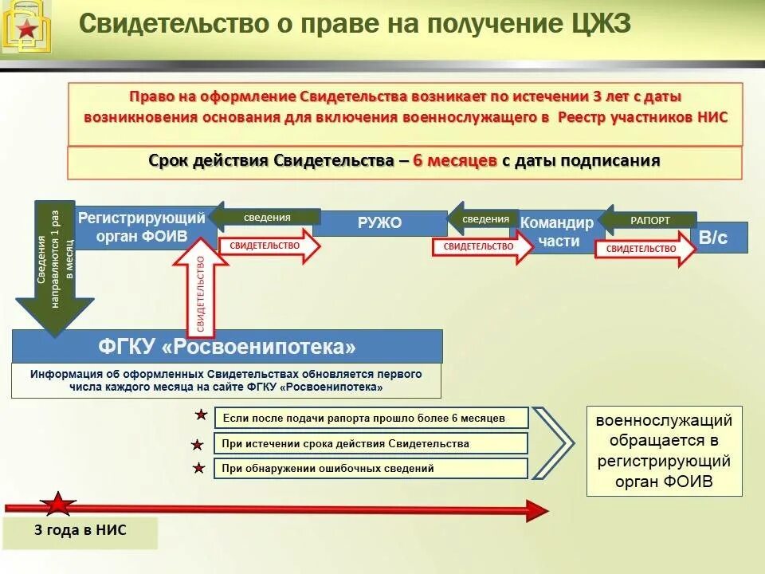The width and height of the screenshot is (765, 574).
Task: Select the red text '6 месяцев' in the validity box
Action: [455, 160]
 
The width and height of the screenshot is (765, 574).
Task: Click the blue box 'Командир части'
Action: [557, 232]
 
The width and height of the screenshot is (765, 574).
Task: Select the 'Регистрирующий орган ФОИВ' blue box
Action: [141, 227]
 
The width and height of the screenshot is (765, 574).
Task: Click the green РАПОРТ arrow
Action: [649, 220]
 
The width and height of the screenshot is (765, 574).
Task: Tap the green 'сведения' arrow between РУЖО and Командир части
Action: [483, 218]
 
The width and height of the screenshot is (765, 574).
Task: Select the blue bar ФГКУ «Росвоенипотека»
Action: [227, 347]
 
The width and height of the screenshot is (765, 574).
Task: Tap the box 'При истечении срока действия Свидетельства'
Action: [371, 443]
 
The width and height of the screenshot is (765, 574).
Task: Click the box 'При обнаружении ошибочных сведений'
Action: [371, 469]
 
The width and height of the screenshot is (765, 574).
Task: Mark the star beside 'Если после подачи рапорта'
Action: [201, 416]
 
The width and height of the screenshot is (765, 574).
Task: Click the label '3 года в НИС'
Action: [80, 530]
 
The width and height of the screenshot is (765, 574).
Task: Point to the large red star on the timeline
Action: [58, 505]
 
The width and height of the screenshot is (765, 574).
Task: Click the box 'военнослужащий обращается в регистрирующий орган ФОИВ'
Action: [665, 451]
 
